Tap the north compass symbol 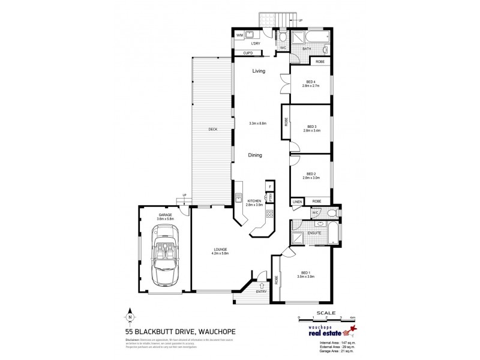(130, 314)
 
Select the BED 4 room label (311, 83)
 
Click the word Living (259, 71)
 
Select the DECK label (212, 128)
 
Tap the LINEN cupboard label (296, 201)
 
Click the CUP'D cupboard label (248, 53)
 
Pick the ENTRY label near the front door (260, 292)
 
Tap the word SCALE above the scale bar (326, 311)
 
